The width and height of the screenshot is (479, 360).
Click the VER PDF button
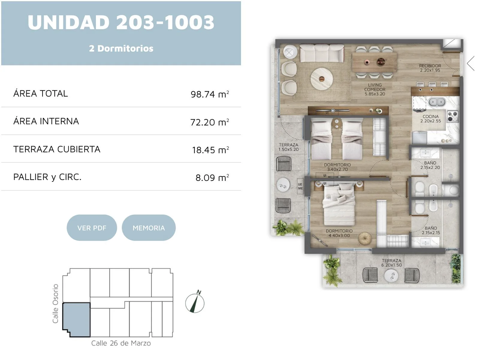(92, 228)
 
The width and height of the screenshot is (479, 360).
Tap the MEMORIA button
(149, 228)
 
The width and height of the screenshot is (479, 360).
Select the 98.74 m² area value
(210, 94)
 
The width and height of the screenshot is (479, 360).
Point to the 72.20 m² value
(210, 122)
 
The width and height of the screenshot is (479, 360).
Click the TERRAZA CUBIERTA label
(57, 149)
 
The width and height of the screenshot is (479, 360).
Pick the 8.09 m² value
(212, 178)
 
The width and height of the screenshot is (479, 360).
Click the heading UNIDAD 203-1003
(121, 22)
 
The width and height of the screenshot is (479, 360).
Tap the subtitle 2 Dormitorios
(121, 49)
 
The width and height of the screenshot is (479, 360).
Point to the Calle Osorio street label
(55, 304)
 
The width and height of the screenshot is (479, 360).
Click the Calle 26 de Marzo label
(121, 343)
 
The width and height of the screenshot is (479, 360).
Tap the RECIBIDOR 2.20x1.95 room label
(430, 68)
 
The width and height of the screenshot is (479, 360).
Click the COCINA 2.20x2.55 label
(430, 118)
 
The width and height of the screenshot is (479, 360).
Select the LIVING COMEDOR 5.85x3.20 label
(375, 89)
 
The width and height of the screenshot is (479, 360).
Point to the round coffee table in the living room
(322, 79)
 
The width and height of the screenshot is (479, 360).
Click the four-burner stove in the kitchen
(453, 116)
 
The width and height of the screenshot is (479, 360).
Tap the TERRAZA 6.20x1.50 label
(391, 263)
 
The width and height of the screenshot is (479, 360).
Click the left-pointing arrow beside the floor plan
(471, 64)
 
